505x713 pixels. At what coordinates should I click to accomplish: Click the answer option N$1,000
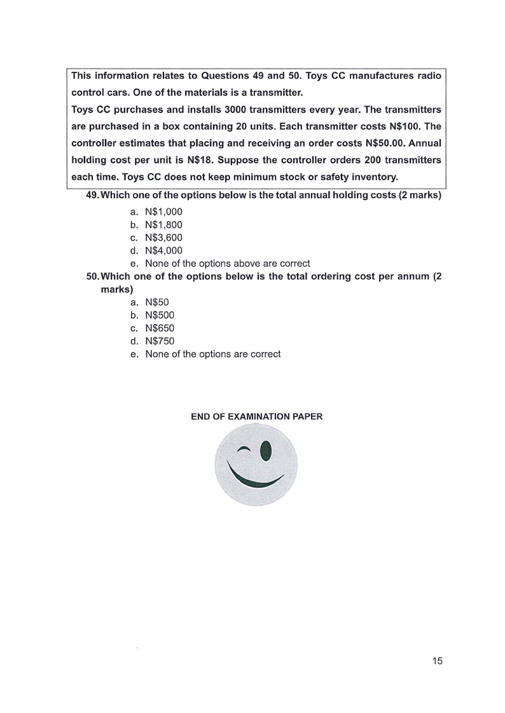click(163, 211)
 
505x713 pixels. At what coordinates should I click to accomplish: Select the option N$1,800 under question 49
click(163, 224)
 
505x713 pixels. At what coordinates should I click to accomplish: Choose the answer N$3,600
click(163, 237)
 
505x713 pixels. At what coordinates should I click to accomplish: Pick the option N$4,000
click(163, 250)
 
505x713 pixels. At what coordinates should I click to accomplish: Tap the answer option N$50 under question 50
click(156, 302)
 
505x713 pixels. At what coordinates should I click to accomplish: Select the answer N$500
click(159, 315)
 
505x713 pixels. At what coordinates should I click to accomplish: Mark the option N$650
click(159, 328)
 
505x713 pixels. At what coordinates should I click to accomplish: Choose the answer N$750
click(159, 341)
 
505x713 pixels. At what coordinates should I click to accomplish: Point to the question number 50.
click(92, 276)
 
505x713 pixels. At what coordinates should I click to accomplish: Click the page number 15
click(436, 661)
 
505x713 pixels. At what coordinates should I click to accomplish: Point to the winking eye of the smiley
click(244, 451)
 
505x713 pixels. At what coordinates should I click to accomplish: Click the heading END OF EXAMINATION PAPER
click(256, 417)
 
